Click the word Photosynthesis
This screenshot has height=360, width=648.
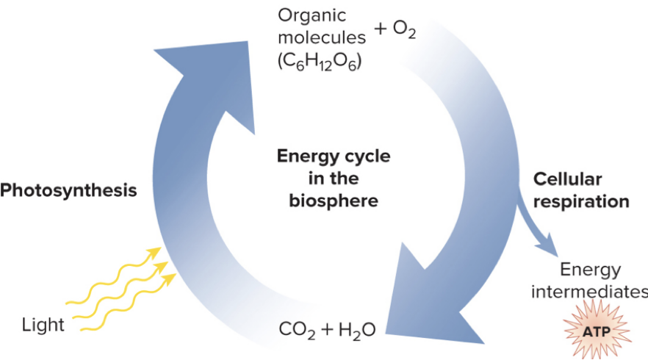coord(69,191)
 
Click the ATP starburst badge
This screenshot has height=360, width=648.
coord(596,332)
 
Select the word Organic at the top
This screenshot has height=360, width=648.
coord(312,15)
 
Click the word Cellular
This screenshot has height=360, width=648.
coord(567,179)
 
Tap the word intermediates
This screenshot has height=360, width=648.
coord(588,292)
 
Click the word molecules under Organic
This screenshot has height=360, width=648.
coord(321,37)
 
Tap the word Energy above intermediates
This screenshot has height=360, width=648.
coord(590,270)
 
